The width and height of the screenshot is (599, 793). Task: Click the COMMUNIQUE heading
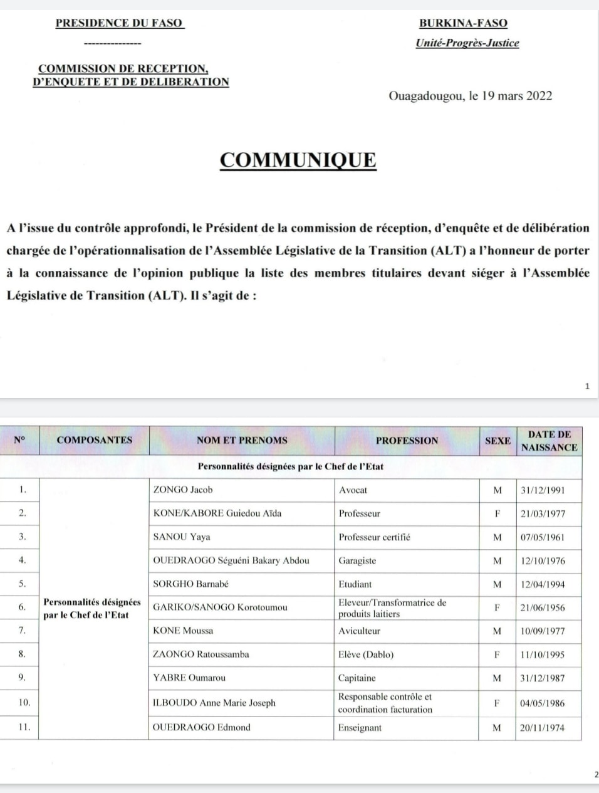point(298,160)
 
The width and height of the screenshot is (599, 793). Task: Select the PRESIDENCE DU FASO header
point(119,23)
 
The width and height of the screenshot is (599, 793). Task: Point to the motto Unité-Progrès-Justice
point(467,43)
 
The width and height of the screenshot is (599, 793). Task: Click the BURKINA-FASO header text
point(463,23)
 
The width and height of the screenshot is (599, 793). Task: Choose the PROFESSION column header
point(407,440)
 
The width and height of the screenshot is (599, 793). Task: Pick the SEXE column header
point(497,440)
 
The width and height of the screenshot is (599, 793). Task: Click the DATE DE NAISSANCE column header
point(549,440)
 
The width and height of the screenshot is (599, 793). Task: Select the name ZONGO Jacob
point(183,490)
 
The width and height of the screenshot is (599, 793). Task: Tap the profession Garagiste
point(357,560)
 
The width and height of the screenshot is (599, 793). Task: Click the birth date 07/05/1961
point(543,537)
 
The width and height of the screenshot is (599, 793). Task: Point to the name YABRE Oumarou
point(189,678)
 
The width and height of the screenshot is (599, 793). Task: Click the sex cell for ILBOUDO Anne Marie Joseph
point(497,703)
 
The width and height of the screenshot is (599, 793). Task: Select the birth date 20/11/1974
point(543,728)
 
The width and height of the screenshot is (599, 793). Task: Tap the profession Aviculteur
point(359,631)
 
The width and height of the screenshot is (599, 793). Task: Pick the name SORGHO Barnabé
point(190,584)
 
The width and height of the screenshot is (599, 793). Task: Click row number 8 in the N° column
point(22,654)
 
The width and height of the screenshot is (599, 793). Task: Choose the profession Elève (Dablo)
point(366,654)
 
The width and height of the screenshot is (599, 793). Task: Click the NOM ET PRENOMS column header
point(242,440)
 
